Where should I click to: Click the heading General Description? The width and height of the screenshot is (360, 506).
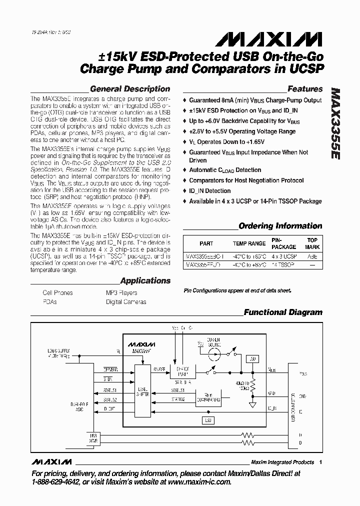pyautogui.click(x=130, y=89)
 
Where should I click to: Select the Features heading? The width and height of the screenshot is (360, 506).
pyautogui.click(x=305, y=89)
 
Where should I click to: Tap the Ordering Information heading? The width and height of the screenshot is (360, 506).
pyautogui.click(x=280, y=226)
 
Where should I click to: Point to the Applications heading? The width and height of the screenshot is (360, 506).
pyautogui.click(x=145, y=281)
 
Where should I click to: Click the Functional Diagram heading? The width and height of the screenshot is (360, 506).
pyautogui.click(x=283, y=312)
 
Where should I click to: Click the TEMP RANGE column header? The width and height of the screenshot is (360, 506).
pyautogui.click(x=249, y=244)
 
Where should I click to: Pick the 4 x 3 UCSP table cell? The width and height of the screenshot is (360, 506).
pyautogui.click(x=283, y=255)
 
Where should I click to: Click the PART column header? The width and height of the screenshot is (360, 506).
pyautogui.click(x=206, y=244)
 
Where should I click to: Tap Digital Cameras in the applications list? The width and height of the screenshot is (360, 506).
pyautogui.click(x=126, y=302)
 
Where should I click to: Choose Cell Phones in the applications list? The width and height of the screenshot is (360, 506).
pyautogui.click(x=57, y=293)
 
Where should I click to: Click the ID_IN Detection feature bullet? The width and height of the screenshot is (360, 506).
pyautogui.click(x=210, y=191)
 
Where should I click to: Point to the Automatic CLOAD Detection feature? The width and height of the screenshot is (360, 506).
pyautogui.click(x=225, y=170)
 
